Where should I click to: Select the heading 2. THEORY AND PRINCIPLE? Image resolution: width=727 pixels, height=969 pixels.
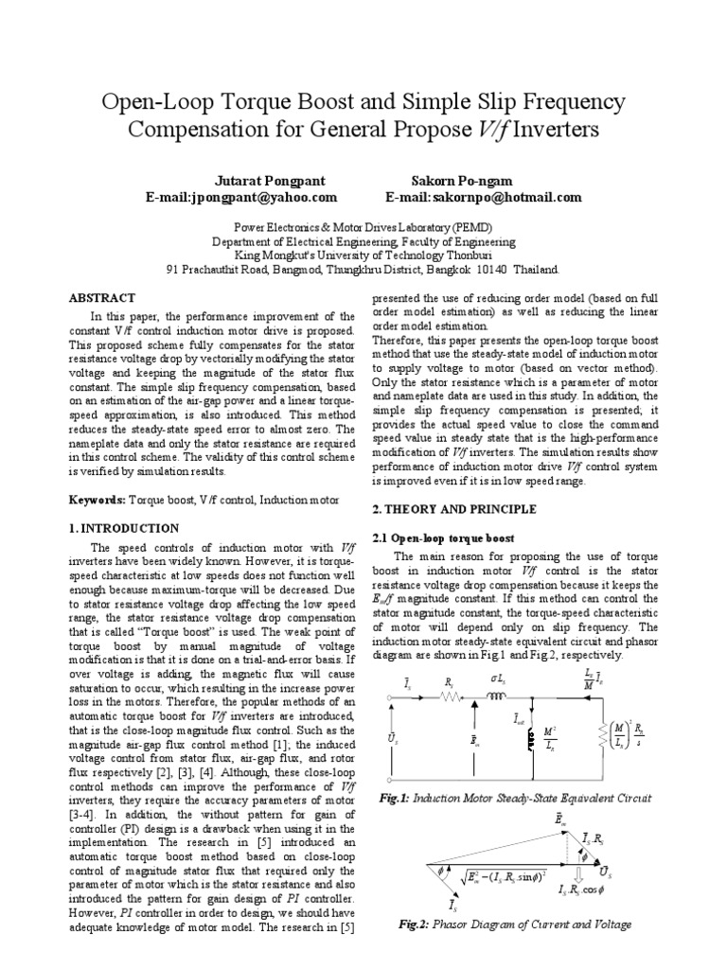point(453,509)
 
